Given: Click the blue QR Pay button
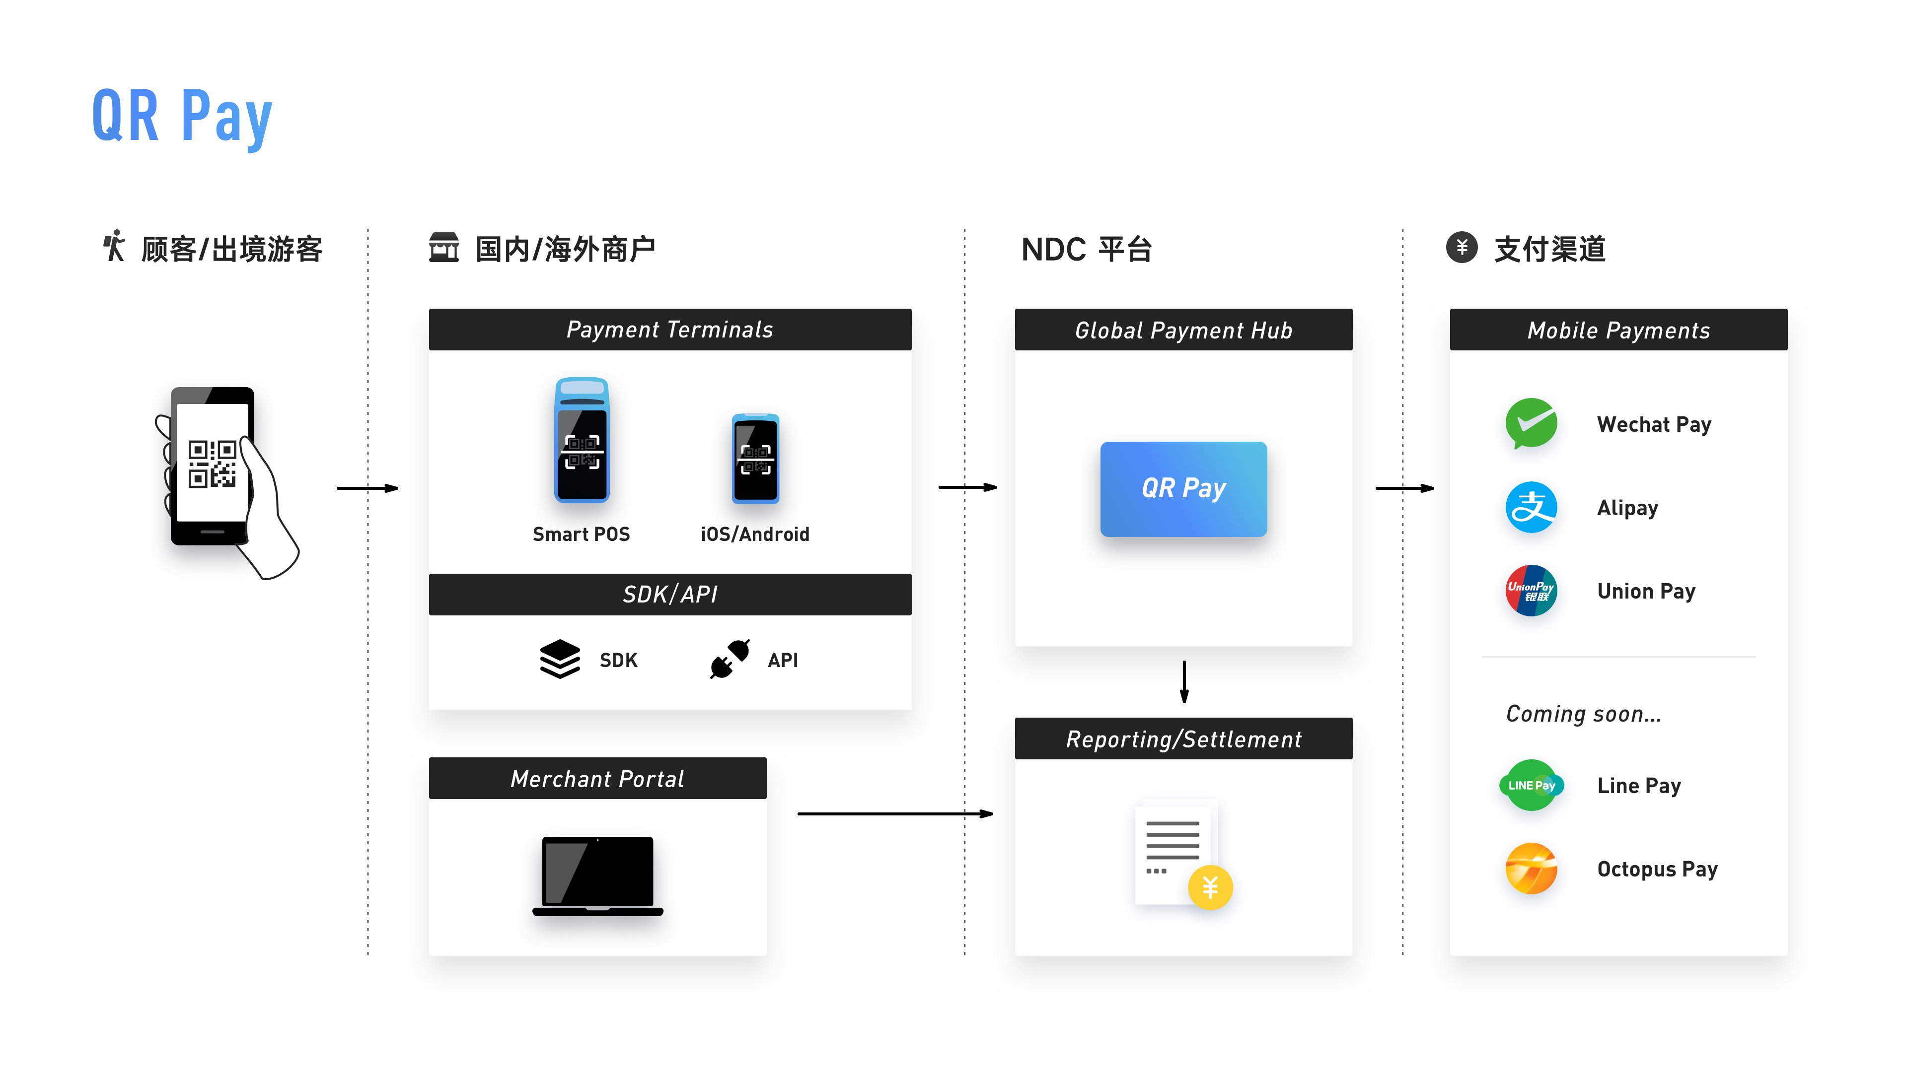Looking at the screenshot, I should point(1183,488).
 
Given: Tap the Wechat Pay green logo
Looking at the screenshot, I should point(1531,423).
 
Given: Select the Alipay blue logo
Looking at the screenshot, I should point(1531,508).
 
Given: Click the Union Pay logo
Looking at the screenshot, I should point(1531,591).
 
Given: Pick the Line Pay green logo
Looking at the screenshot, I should point(1531,785).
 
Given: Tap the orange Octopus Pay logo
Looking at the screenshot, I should point(1531,869).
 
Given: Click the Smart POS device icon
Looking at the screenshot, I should point(582,441).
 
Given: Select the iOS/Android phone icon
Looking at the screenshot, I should point(755,459).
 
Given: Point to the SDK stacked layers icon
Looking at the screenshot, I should point(560,659).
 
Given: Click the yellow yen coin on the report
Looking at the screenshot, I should point(1210,886).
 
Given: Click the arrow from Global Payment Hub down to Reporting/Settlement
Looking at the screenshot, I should point(1184,680).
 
